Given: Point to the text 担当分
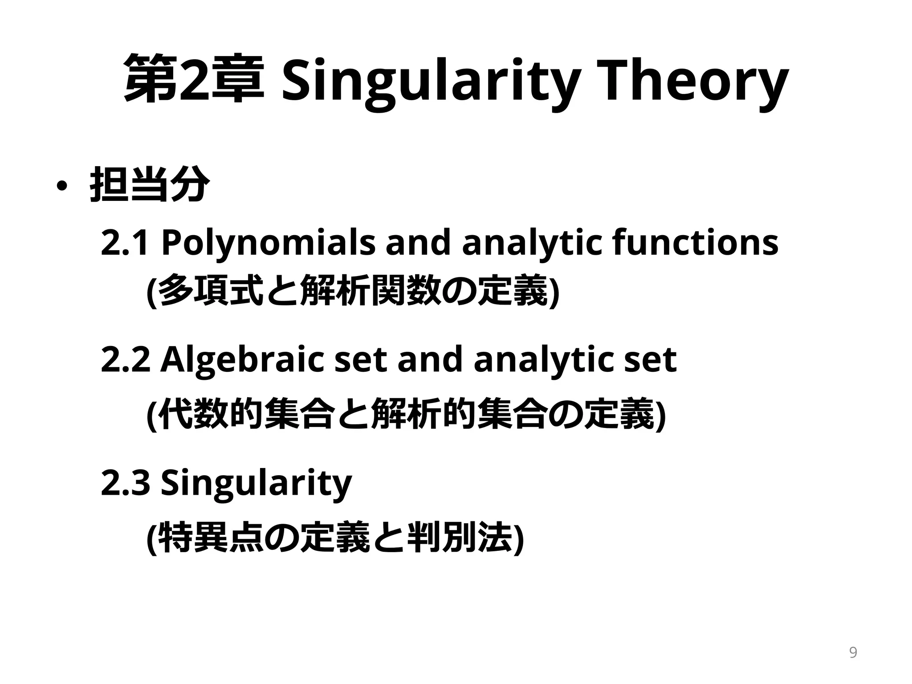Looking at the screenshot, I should coord(150,184).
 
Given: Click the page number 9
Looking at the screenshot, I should coord(853,653).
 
